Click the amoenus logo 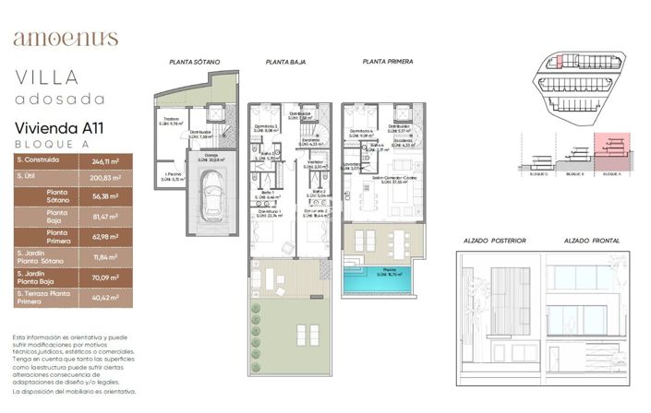click(66, 38)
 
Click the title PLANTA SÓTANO click(195, 63)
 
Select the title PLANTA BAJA click(285, 63)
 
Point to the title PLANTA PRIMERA click(387, 63)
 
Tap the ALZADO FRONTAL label click(592, 242)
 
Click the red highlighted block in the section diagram click(611, 145)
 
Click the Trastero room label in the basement click(172, 120)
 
